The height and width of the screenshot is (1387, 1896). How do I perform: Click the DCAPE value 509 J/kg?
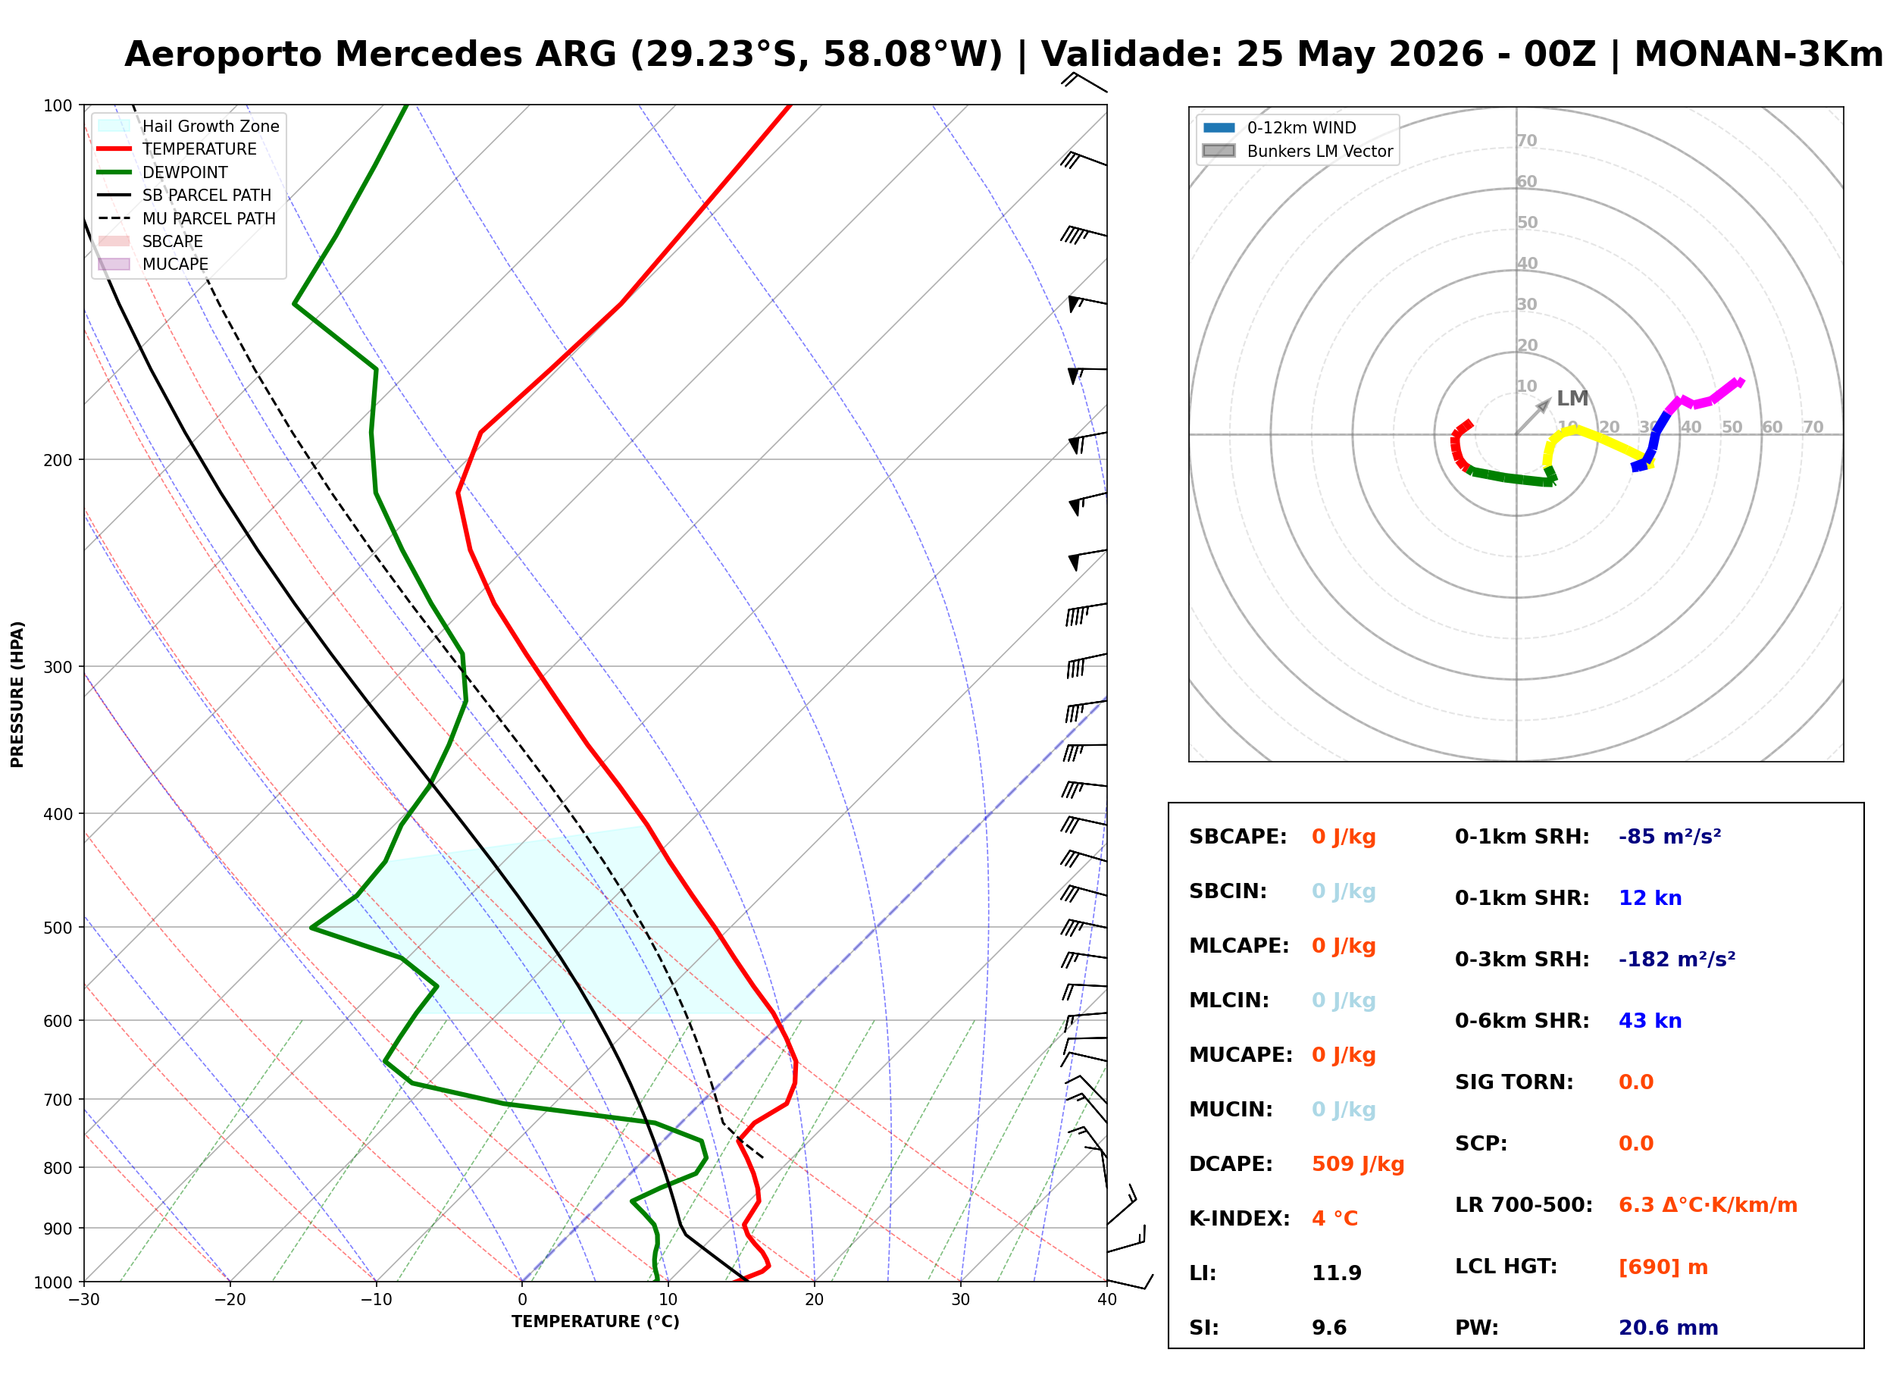point(1357,1163)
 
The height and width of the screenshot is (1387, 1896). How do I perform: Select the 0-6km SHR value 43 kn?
point(1649,1020)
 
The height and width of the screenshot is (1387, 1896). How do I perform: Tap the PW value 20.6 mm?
point(1668,1327)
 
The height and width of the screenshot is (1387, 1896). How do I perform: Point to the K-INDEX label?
point(1239,1218)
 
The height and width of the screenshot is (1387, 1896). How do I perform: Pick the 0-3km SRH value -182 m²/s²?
point(1676,959)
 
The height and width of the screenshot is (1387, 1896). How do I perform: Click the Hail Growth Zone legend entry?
point(188,126)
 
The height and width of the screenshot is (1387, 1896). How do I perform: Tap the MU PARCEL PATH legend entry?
point(186,218)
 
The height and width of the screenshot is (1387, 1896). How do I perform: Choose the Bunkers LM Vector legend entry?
point(1297,151)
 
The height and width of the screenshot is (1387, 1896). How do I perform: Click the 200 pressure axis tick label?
point(58,460)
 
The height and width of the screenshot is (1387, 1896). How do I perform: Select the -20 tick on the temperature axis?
point(230,1300)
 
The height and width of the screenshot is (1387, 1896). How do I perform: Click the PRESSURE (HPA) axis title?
point(17,693)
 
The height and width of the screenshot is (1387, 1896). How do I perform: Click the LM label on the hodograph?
point(1572,398)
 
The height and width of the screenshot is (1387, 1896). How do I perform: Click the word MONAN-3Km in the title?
point(1758,55)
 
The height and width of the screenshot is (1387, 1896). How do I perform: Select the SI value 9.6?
point(1328,1327)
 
